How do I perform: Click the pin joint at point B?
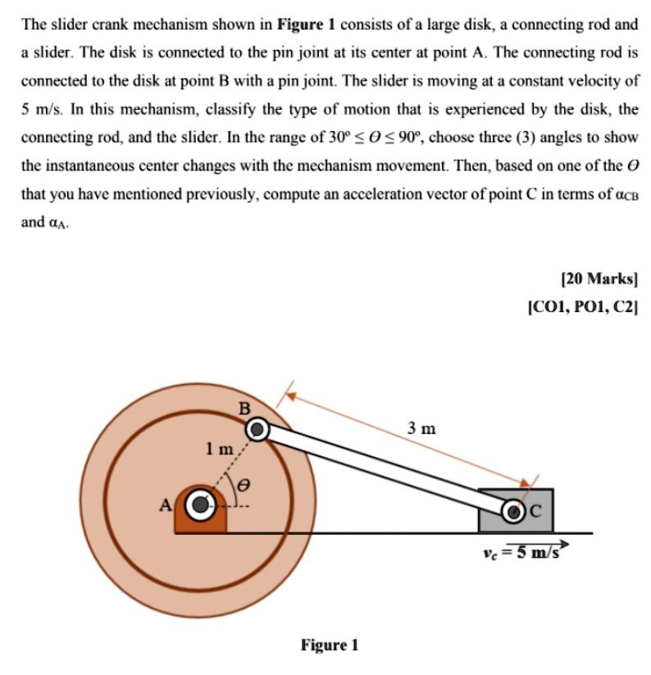(258, 428)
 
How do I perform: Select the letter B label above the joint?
(244, 408)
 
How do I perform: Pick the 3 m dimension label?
(422, 428)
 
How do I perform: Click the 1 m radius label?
(220, 448)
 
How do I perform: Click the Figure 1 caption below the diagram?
(329, 646)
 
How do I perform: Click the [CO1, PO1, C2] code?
(583, 308)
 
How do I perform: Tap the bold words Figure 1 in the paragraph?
(302, 25)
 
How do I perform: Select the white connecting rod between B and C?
(385, 469)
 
